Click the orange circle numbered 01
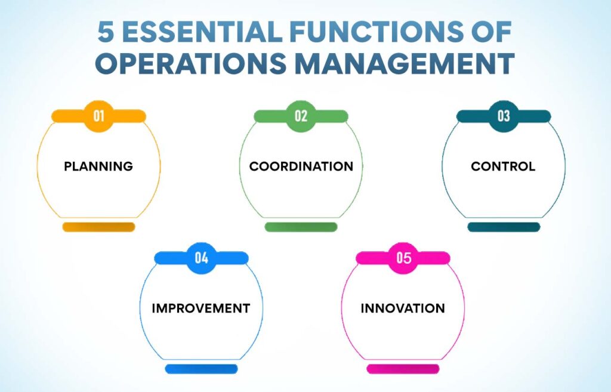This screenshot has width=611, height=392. tap(98, 116)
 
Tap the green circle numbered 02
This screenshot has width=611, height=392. tap(301, 116)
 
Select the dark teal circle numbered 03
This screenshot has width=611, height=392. tap(504, 116)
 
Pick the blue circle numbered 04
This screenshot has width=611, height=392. tap(201, 258)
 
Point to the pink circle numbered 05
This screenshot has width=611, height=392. tap(403, 258)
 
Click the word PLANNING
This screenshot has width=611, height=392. tap(98, 166)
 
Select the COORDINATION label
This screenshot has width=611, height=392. tap(301, 166)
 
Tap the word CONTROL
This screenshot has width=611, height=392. tap(503, 166)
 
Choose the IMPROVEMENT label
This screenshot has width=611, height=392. tap(201, 308)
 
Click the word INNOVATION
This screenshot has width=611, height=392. tap(403, 308)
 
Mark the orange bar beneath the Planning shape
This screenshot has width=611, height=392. tap(99, 227)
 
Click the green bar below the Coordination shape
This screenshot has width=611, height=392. tap(301, 227)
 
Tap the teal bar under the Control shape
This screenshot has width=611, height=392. tap(504, 227)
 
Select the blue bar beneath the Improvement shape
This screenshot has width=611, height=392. tap(201, 369)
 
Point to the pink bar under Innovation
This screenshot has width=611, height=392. tap(403, 369)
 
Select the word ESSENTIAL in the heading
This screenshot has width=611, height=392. tap(202, 32)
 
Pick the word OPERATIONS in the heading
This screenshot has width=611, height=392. tap(191, 63)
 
